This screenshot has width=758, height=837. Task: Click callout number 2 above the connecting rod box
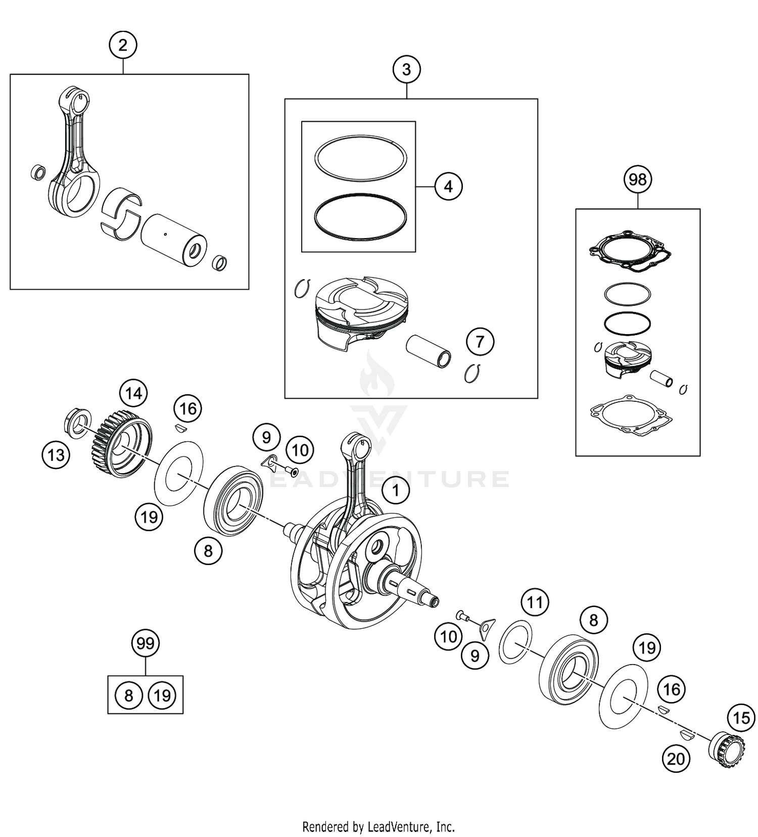(x=123, y=45)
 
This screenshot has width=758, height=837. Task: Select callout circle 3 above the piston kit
(x=407, y=69)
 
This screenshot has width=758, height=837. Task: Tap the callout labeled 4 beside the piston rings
(x=448, y=187)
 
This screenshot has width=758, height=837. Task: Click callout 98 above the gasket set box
(x=638, y=179)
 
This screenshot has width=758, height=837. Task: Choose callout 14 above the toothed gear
(x=133, y=393)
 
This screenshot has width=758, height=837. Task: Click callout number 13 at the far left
(x=56, y=455)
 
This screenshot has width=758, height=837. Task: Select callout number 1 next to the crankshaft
(x=396, y=490)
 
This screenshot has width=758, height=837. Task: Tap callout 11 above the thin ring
(x=535, y=602)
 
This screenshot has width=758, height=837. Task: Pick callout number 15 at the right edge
(x=741, y=717)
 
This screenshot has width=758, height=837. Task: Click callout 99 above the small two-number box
(x=146, y=643)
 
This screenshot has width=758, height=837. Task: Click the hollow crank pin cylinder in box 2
(x=174, y=241)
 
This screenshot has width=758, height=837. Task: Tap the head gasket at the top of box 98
(x=630, y=251)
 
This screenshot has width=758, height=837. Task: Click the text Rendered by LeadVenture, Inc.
(x=378, y=827)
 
